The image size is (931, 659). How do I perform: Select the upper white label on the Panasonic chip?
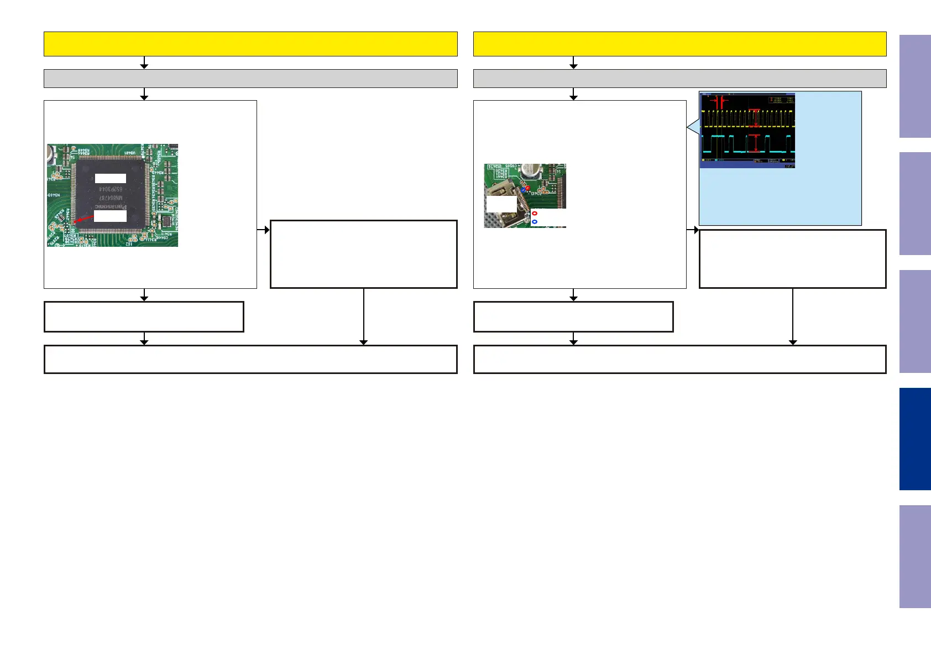(111, 178)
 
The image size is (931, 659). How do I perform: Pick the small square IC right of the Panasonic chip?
(165, 221)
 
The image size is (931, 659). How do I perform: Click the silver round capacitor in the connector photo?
(531, 171)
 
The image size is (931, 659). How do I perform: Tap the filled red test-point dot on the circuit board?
(527, 188)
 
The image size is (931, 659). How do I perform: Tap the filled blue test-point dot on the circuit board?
(523, 190)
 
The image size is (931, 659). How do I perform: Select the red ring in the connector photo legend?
(535, 213)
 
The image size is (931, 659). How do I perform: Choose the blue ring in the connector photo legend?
(535, 222)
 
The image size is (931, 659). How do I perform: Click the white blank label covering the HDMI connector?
(501, 204)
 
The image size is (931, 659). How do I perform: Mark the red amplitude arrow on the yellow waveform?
(756, 118)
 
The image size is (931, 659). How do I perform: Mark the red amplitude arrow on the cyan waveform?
(756, 143)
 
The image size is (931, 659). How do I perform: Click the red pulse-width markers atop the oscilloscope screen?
(719, 102)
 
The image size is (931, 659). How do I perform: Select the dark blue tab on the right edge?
(915, 439)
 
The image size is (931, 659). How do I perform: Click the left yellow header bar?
(250, 44)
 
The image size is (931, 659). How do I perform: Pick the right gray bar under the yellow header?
(679, 79)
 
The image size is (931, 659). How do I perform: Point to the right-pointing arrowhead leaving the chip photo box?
(266, 230)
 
